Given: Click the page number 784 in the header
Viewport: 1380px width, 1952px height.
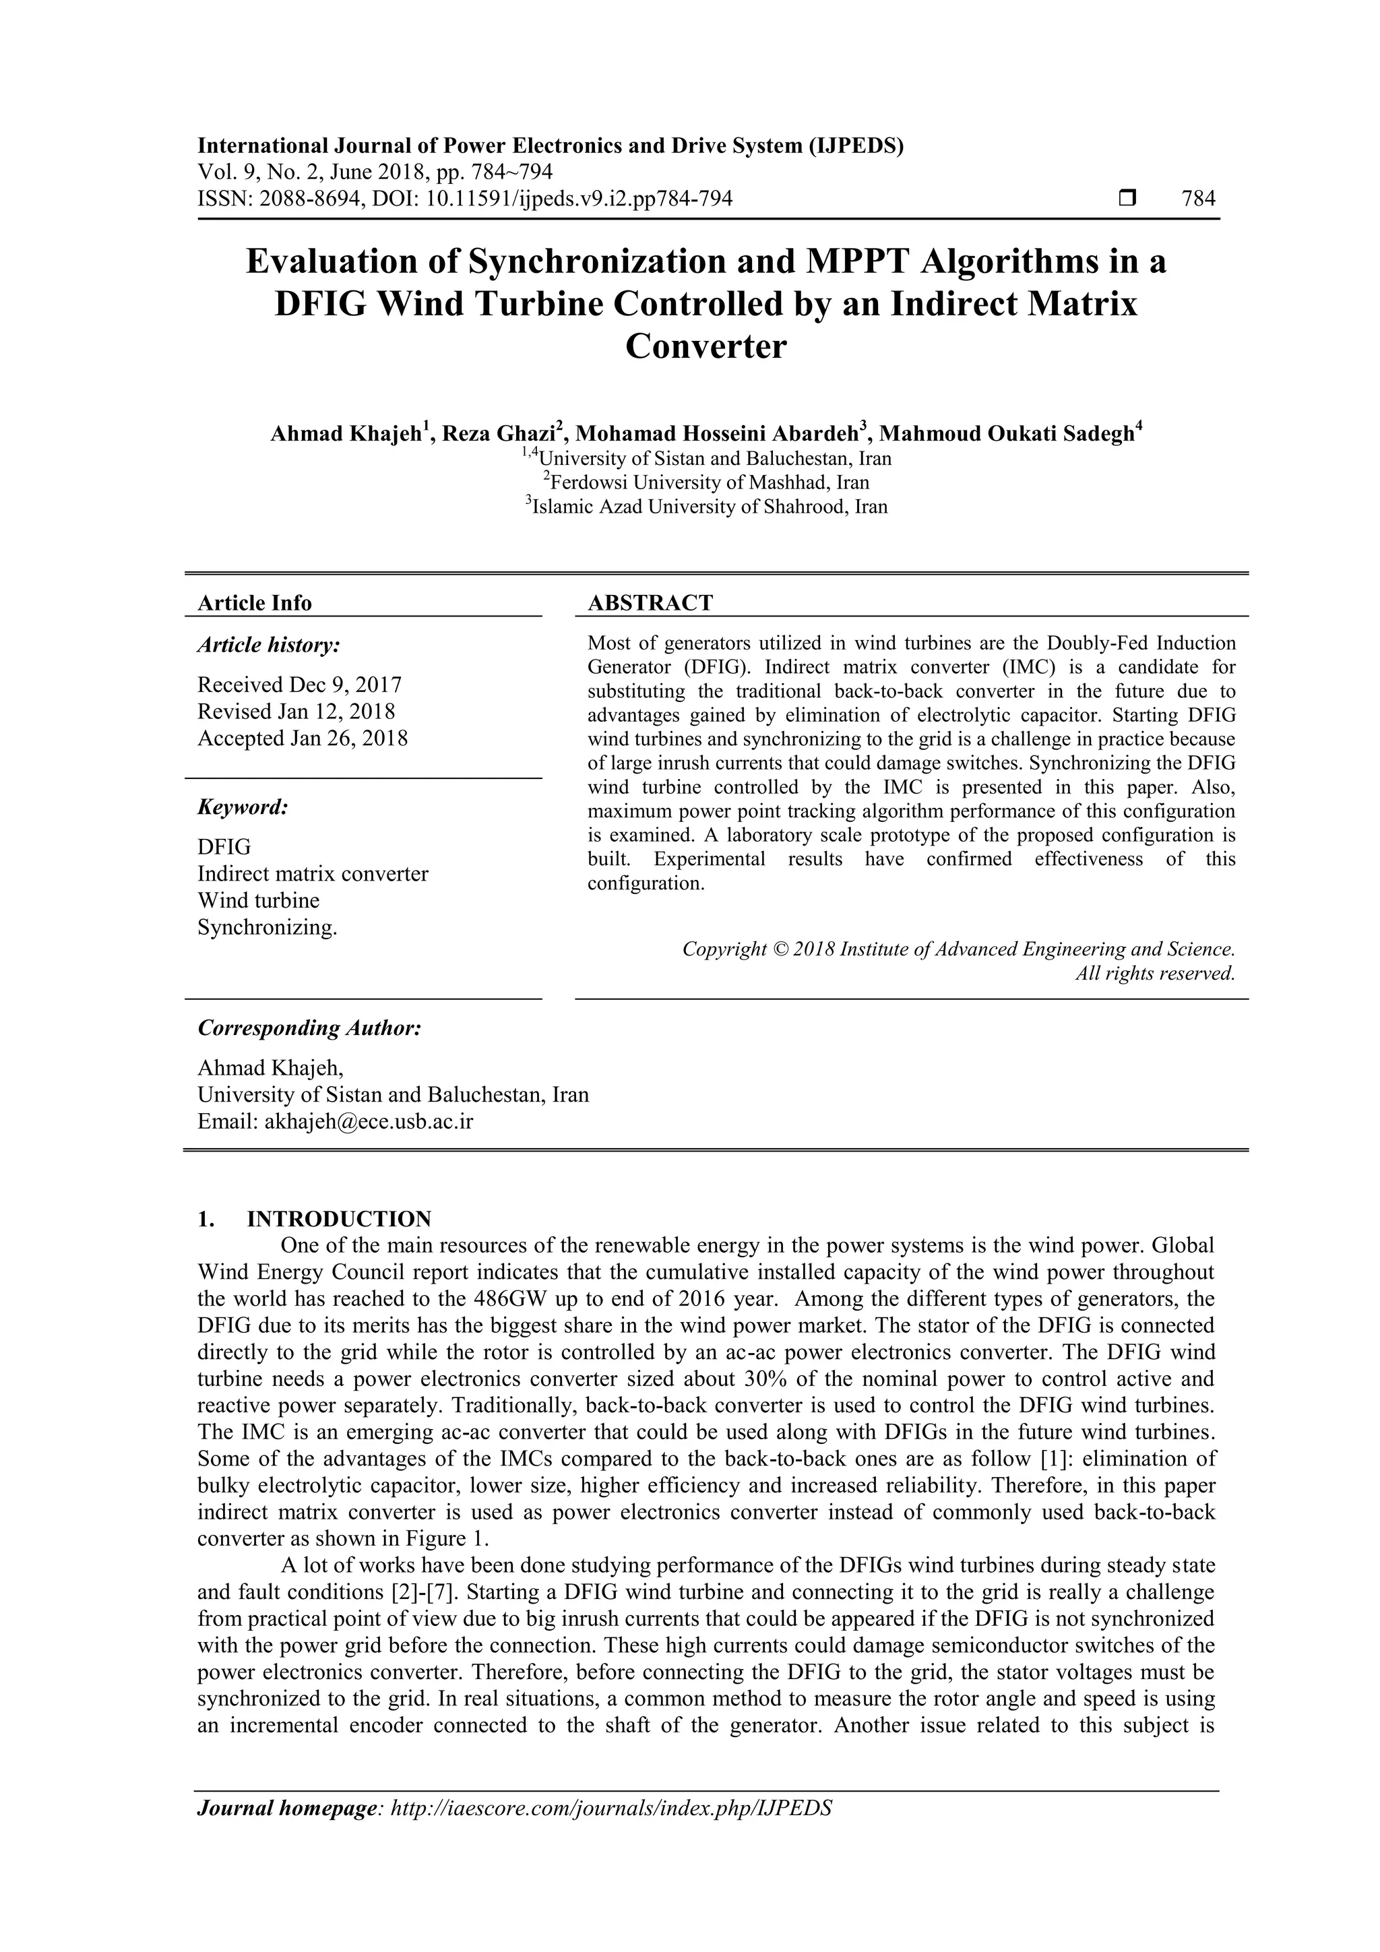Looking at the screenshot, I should (x=1198, y=199).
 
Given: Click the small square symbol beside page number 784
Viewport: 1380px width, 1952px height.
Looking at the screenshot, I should (x=1127, y=199).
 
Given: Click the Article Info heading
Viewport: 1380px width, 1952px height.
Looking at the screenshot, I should (x=254, y=603).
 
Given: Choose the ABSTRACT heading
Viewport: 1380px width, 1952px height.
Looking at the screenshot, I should (x=650, y=603).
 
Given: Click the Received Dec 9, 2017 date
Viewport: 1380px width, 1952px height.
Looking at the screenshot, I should (x=299, y=685).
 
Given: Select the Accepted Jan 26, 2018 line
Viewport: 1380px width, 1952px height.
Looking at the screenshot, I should (x=303, y=738).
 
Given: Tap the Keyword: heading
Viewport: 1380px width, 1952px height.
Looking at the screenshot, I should (x=243, y=807).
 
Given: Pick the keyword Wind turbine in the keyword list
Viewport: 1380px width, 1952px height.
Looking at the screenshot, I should (x=259, y=900).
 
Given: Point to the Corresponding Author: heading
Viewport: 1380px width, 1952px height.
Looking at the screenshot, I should (x=309, y=1028).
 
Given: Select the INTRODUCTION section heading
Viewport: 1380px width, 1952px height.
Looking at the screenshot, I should (x=338, y=1219).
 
